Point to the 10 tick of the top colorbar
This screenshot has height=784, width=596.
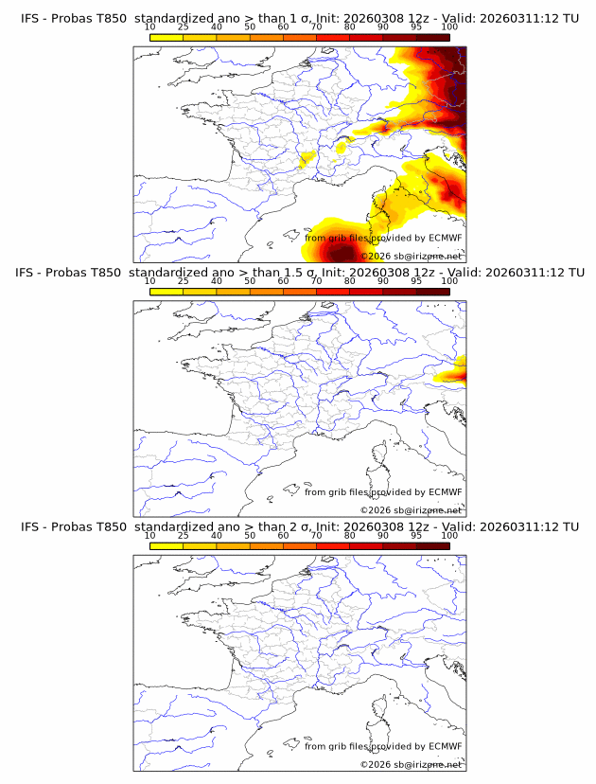point(150,26)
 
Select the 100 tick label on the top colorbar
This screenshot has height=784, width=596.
point(449,26)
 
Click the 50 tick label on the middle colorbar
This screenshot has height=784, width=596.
point(250,281)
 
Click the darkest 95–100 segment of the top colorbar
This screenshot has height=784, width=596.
point(432,37)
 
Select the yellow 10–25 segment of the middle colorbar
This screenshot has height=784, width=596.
point(167,292)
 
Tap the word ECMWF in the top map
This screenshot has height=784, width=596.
point(445,238)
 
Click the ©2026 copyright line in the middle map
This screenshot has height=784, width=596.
point(411,510)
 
